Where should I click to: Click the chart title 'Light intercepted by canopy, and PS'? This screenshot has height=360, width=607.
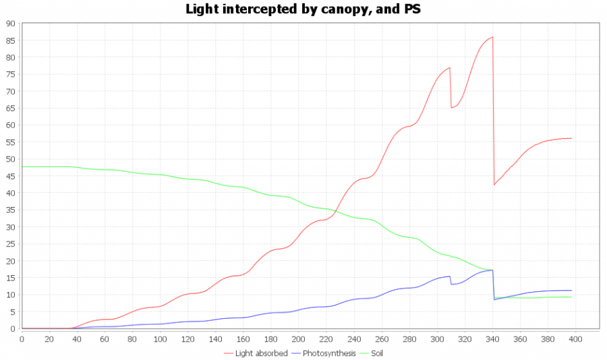point(303,9)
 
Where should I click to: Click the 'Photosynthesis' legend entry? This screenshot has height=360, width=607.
point(328,353)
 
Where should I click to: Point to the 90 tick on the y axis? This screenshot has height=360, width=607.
point(11,23)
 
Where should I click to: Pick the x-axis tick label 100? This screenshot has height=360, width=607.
point(161,338)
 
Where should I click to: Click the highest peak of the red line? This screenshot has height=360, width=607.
point(493,37)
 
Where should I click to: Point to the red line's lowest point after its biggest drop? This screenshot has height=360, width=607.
point(494,185)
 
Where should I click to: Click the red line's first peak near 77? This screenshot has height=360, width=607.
point(449,67)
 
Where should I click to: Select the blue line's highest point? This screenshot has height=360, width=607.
point(492,270)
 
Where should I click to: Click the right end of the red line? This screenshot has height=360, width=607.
point(571,138)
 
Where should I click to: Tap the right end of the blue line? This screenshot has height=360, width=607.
point(571,291)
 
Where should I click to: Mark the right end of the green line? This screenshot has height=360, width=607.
point(571,297)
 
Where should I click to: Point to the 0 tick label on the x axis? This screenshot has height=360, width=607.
point(22,338)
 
